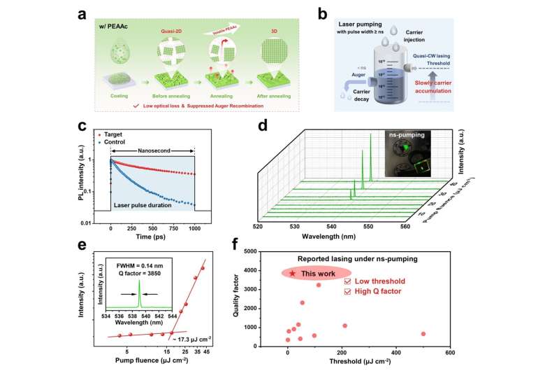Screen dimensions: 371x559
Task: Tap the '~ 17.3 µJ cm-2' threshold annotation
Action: pos(192,339)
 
